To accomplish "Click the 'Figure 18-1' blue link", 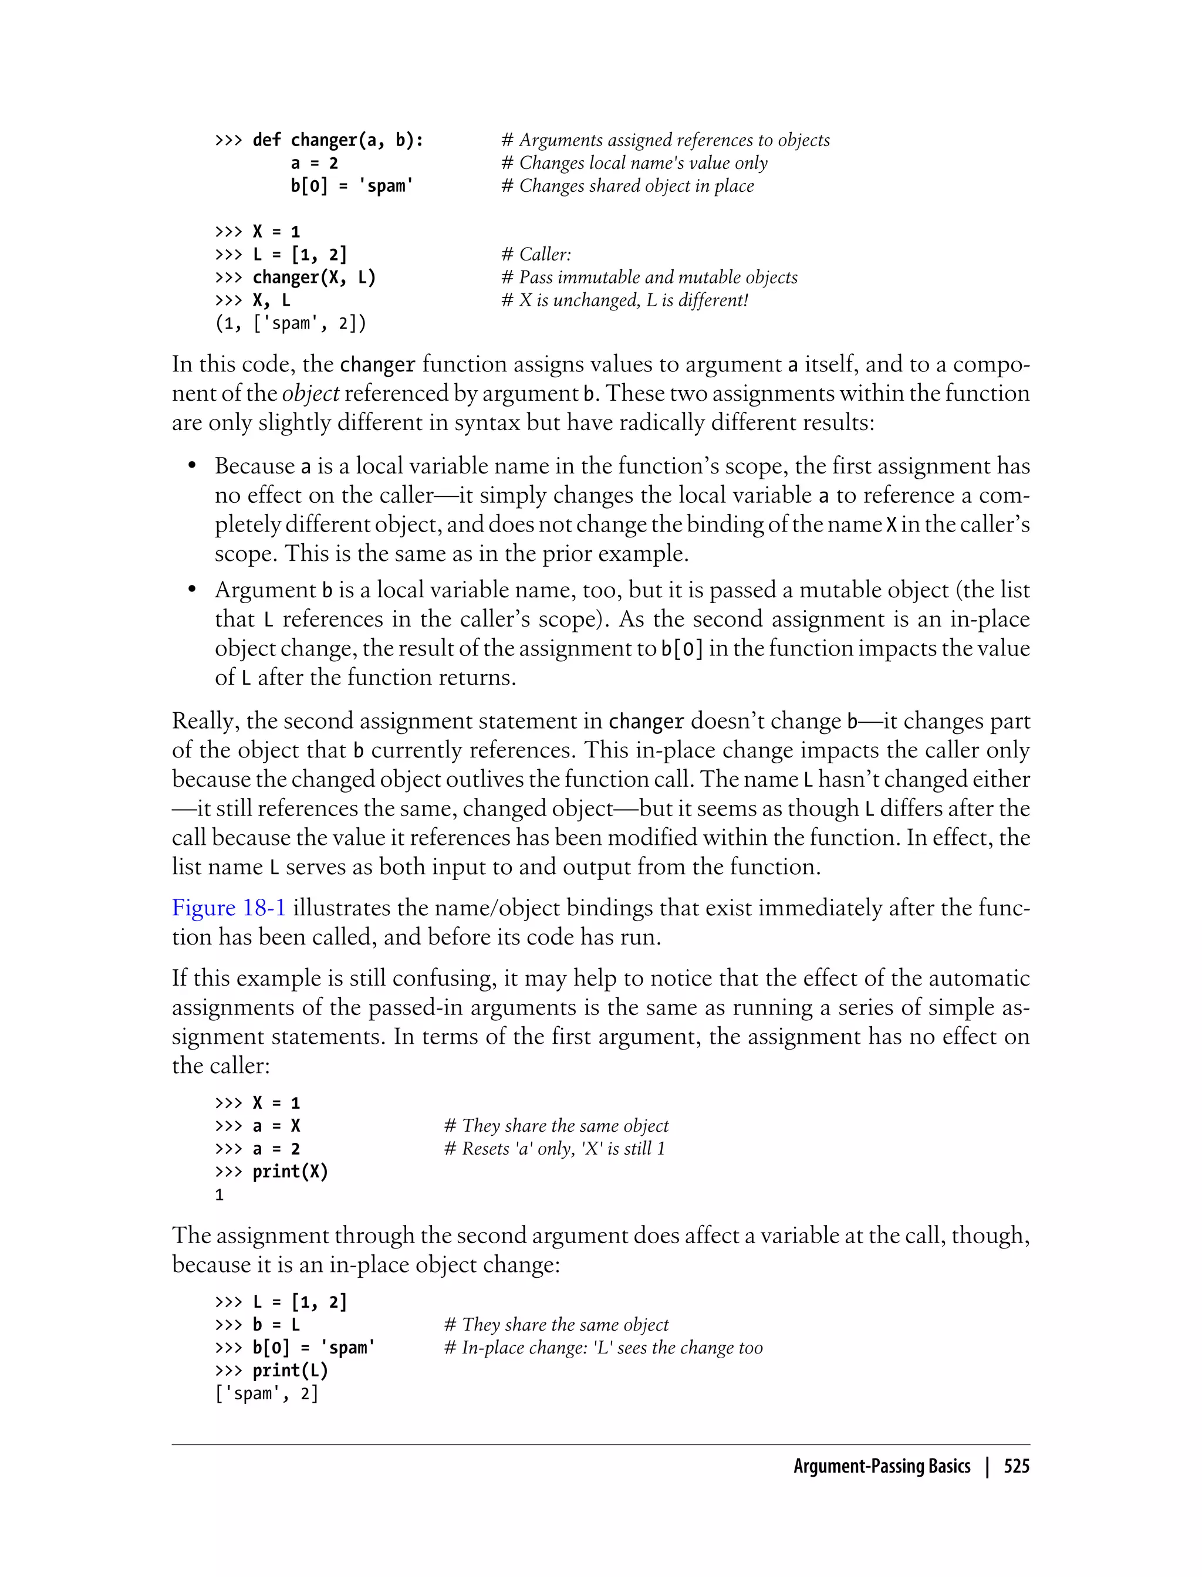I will pos(228,908).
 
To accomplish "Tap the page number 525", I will pos(1016,1466).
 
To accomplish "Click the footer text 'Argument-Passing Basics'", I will pos(882,1466).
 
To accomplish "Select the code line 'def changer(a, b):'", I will pos(337,140).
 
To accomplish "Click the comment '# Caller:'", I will pos(536,255).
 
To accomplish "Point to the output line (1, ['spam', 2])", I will pos(291,323).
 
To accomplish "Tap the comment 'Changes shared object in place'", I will pos(627,186).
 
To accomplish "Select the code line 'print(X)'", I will pos(290,1172).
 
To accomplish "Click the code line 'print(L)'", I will pos(290,1370).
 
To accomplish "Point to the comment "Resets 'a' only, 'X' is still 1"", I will pos(555,1149).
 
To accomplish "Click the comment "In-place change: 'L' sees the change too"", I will pos(603,1348).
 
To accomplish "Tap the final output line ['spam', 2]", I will pos(266,1393).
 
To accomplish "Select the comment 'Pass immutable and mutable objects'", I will pos(649,278).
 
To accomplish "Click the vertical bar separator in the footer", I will pos(987,1466).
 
